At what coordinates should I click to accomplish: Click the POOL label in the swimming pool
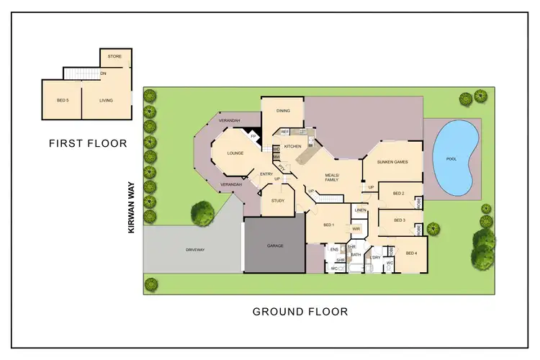pyautogui.click(x=451, y=159)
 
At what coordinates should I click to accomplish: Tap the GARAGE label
pyautogui.click(x=275, y=246)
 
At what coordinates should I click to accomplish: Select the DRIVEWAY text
pyautogui.click(x=194, y=250)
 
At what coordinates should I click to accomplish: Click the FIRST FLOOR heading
pyautogui.click(x=88, y=143)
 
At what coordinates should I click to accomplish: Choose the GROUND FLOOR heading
pyautogui.click(x=300, y=312)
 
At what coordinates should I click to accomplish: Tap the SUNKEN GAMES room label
pyautogui.click(x=392, y=162)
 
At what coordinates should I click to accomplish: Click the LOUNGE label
pyautogui.click(x=235, y=153)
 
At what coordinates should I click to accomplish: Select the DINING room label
pyautogui.click(x=283, y=111)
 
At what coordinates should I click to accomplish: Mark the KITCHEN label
pyautogui.click(x=292, y=146)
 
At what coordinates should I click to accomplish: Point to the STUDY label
pyautogui.click(x=277, y=201)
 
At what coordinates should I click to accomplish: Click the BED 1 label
pyautogui.click(x=328, y=225)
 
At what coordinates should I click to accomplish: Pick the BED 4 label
pyautogui.click(x=411, y=253)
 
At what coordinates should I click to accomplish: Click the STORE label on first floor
pyautogui.click(x=114, y=56)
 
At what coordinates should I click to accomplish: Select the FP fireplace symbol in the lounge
pyautogui.click(x=253, y=136)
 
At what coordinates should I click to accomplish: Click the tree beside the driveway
pyautogui.click(x=202, y=212)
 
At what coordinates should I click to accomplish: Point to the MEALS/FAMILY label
pyautogui.click(x=331, y=176)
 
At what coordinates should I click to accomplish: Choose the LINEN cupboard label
pyautogui.click(x=361, y=210)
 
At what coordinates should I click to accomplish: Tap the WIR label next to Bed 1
pyautogui.click(x=356, y=228)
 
